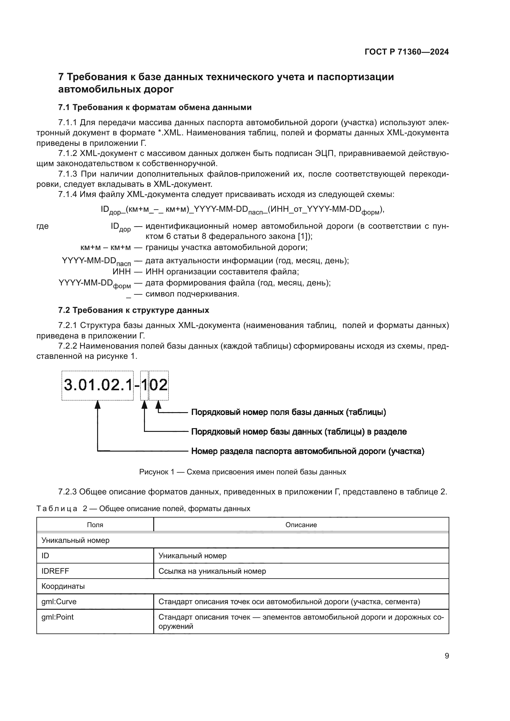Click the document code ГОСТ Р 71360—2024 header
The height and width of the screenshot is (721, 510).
tap(407, 52)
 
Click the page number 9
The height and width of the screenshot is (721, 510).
tap(446, 656)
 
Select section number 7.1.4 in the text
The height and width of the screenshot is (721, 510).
tap(68, 195)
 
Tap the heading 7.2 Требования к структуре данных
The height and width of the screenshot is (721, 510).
tap(134, 310)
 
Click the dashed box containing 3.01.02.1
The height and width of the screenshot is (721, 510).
tap(97, 385)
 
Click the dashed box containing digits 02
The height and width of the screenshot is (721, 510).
tap(158, 385)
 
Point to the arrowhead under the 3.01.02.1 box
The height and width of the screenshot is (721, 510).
tap(98, 404)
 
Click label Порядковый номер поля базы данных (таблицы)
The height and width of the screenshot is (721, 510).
tap(288, 412)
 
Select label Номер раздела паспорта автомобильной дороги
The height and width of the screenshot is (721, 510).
tap(307, 451)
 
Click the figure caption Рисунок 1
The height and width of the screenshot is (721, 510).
tap(242, 472)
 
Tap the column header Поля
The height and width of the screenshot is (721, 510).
tap(95, 525)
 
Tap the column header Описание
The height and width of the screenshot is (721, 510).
tap(301, 525)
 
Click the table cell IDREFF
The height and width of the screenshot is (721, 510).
tap(55, 571)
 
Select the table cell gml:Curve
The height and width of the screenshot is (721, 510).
tap(59, 602)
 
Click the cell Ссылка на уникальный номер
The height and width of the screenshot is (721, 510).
tap(212, 571)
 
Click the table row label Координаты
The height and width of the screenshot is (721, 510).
tap(63, 586)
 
